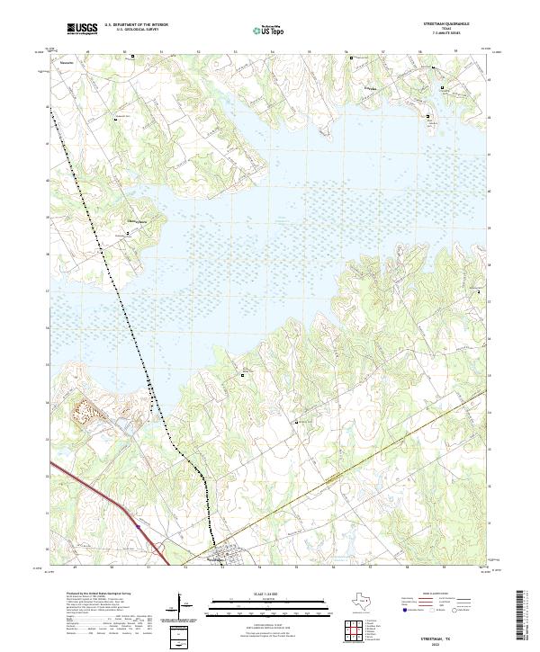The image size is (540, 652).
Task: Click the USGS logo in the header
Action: click(x=82, y=30)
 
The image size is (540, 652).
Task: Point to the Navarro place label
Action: click(x=66, y=64)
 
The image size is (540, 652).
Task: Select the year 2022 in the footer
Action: click(x=447, y=643)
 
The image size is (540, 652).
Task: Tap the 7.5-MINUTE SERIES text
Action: click(x=452, y=34)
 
